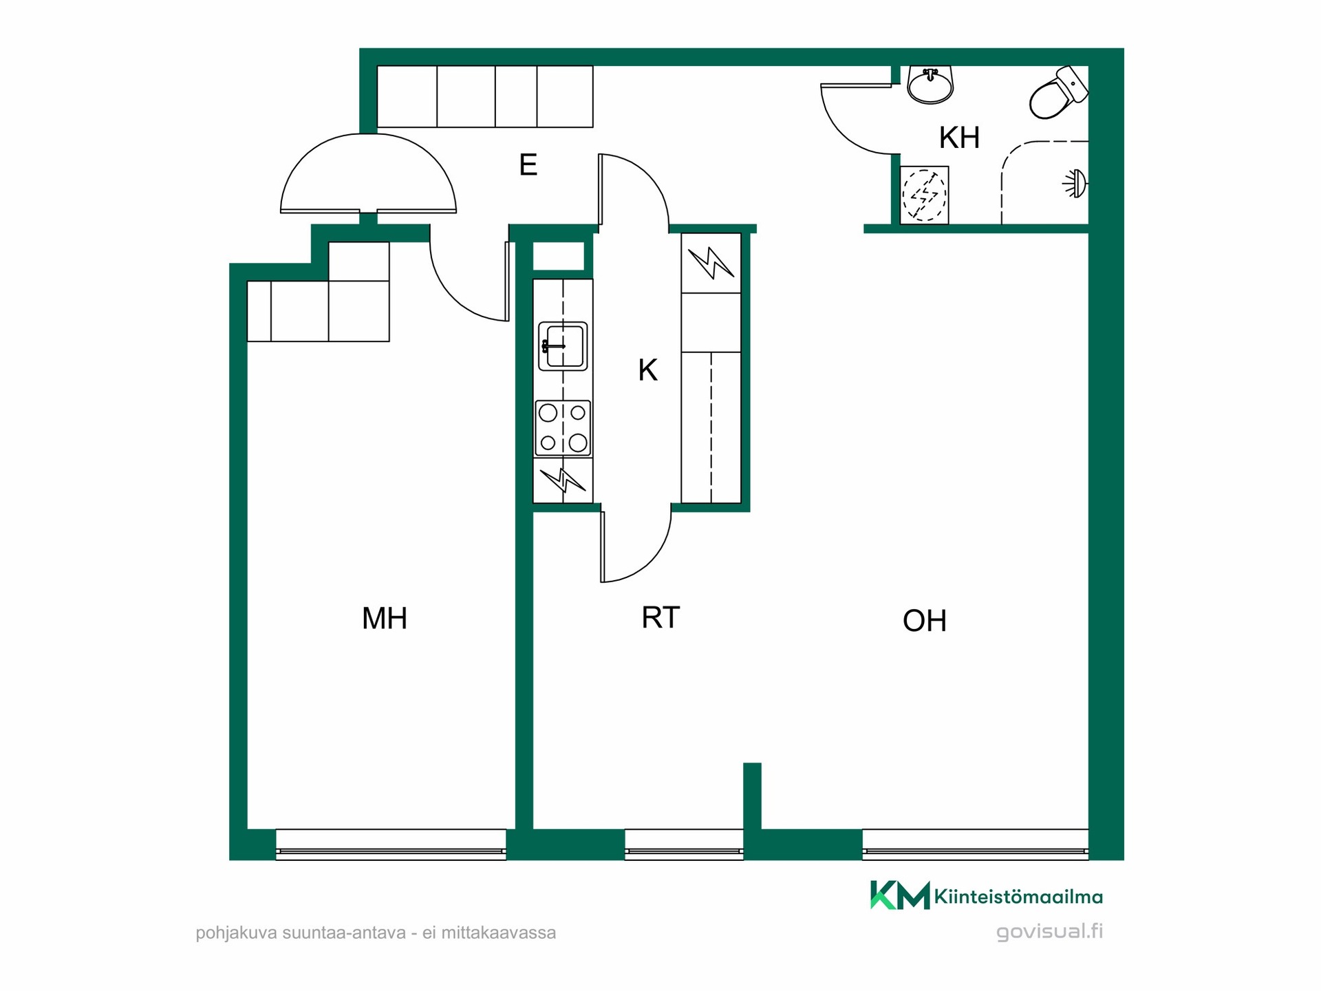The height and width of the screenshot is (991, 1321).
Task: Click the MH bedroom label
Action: pyautogui.click(x=385, y=618)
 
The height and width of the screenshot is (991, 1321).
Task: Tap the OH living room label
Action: pyautogui.click(x=925, y=621)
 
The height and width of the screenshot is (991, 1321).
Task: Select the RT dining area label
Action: pyautogui.click(x=660, y=617)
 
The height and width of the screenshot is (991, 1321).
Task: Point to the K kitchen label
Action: pyautogui.click(x=648, y=370)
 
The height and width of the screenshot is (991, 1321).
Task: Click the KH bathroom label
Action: pyautogui.click(x=959, y=138)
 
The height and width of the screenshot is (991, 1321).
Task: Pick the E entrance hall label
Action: pyautogui.click(x=528, y=165)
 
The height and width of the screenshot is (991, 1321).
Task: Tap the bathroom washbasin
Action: pyautogui.click(x=931, y=84)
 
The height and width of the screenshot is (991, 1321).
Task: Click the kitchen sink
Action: pyautogui.click(x=563, y=346)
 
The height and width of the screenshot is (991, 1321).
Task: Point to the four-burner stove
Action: pyautogui.click(x=563, y=428)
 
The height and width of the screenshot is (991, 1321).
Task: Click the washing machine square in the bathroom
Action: pyautogui.click(x=924, y=195)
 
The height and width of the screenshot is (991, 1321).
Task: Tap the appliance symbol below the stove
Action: pyautogui.click(x=563, y=480)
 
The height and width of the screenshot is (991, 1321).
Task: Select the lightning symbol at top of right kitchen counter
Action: pyautogui.click(x=711, y=264)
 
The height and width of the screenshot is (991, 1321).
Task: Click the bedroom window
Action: pyautogui.click(x=391, y=844)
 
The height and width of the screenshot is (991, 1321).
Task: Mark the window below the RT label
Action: pyautogui.click(x=684, y=844)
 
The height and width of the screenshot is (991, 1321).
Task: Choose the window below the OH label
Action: pyautogui.click(x=975, y=844)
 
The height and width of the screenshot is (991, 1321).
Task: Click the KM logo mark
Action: pyautogui.click(x=900, y=895)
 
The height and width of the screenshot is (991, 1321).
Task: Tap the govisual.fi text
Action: pyautogui.click(x=1050, y=932)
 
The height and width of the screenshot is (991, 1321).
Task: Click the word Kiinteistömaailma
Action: pyautogui.click(x=1018, y=897)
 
